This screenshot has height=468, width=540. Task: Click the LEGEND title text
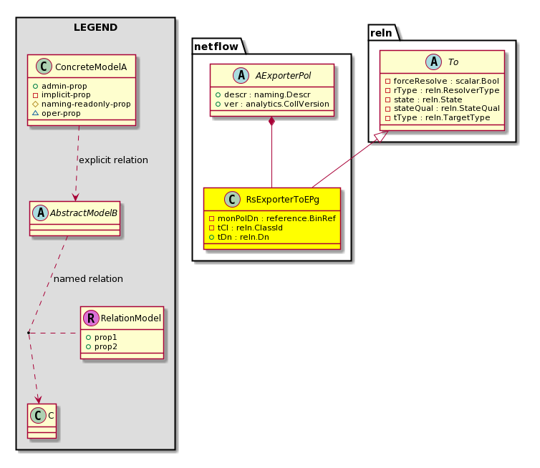(95, 27)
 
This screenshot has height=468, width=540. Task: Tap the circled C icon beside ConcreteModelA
(44, 67)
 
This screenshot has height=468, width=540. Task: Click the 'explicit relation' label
(113, 160)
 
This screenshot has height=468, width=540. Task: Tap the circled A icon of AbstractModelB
(41, 213)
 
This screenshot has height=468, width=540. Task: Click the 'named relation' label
(88, 279)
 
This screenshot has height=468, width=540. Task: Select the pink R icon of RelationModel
(91, 318)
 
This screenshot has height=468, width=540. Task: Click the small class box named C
(42, 421)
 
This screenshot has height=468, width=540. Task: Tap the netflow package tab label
(216, 47)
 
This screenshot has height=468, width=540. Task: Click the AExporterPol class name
(283, 75)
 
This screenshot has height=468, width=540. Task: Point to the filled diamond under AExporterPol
(271, 122)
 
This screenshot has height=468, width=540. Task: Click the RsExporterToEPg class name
(282, 200)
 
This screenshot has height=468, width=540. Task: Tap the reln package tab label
(381, 33)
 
